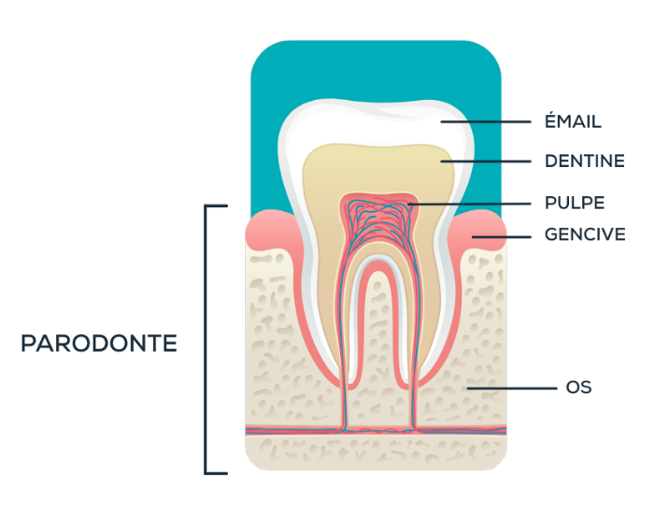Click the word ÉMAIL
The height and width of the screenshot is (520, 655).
click(573, 120)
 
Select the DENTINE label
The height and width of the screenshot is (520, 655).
click(584, 162)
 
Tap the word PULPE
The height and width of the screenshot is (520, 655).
click(575, 204)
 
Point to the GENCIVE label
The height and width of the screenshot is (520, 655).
click(585, 234)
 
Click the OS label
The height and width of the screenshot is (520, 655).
click(578, 387)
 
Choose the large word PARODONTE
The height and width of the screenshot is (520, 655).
click(99, 344)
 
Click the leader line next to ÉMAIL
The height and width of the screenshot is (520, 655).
click(485, 122)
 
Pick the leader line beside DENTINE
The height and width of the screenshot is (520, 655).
click(485, 162)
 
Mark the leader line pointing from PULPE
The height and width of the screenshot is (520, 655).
click(470, 204)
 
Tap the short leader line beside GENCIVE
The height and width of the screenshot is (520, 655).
click(501, 237)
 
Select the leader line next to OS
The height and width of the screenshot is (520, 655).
click(512, 388)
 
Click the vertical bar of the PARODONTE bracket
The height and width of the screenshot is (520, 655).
click(206, 340)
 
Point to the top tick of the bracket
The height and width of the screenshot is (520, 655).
click(216, 205)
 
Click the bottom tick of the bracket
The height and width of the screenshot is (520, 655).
click(216, 473)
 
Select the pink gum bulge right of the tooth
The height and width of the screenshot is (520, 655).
click(478, 230)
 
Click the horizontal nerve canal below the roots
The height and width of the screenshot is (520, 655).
click(376, 429)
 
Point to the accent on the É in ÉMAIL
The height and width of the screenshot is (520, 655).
click(551, 112)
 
